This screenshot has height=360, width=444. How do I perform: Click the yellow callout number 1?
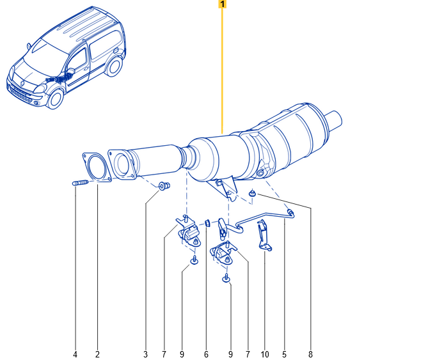[222, 4]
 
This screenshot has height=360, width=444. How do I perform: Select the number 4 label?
[75, 354]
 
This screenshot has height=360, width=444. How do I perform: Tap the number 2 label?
[97, 354]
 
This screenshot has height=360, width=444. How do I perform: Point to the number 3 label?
[145, 354]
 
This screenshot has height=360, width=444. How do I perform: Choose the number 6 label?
[206, 354]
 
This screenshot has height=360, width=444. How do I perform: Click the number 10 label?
[265, 354]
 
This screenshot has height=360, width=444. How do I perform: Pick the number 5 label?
[285, 354]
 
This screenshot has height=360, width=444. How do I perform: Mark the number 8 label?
[311, 354]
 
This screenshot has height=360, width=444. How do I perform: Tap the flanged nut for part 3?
[164, 187]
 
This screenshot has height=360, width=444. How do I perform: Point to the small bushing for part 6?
[207, 223]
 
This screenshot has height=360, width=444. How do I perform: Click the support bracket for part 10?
[264, 235]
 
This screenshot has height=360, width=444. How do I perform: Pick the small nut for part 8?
[253, 193]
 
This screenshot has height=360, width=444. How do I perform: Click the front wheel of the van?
[56, 98]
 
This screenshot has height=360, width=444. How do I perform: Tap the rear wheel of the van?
[115, 66]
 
